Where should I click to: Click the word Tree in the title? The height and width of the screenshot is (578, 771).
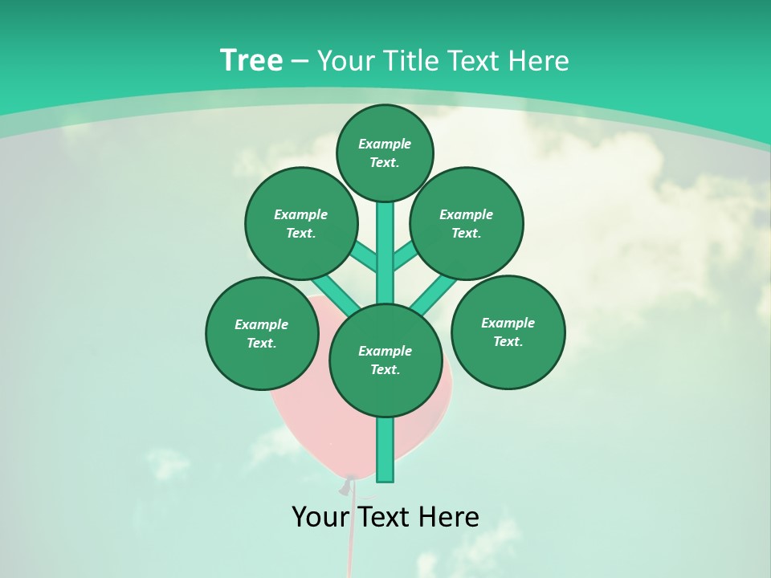(251, 60)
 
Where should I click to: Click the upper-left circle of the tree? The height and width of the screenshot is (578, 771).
(301, 223)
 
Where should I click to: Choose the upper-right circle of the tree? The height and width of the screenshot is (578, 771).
(467, 223)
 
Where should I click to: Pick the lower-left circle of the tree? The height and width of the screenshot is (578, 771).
(262, 333)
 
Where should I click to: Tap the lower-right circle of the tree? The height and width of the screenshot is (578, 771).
(508, 332)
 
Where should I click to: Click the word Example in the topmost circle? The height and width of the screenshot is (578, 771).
(385, 144)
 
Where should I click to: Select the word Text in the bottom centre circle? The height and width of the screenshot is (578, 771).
(385, 370)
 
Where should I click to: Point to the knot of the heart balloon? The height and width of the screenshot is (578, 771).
(347, 486)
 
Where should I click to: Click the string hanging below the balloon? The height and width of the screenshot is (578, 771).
(351, 538)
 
